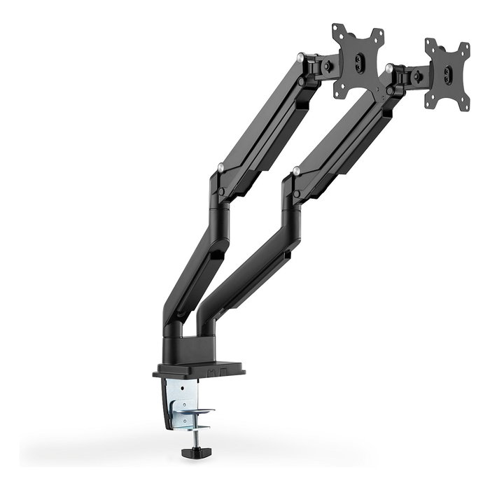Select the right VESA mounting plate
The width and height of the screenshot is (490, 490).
coord(447,74)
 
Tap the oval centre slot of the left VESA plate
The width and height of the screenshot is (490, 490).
coord(359,62)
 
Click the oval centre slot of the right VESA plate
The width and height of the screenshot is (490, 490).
coord(447,74)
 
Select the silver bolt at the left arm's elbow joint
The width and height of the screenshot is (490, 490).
coord(221,168)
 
